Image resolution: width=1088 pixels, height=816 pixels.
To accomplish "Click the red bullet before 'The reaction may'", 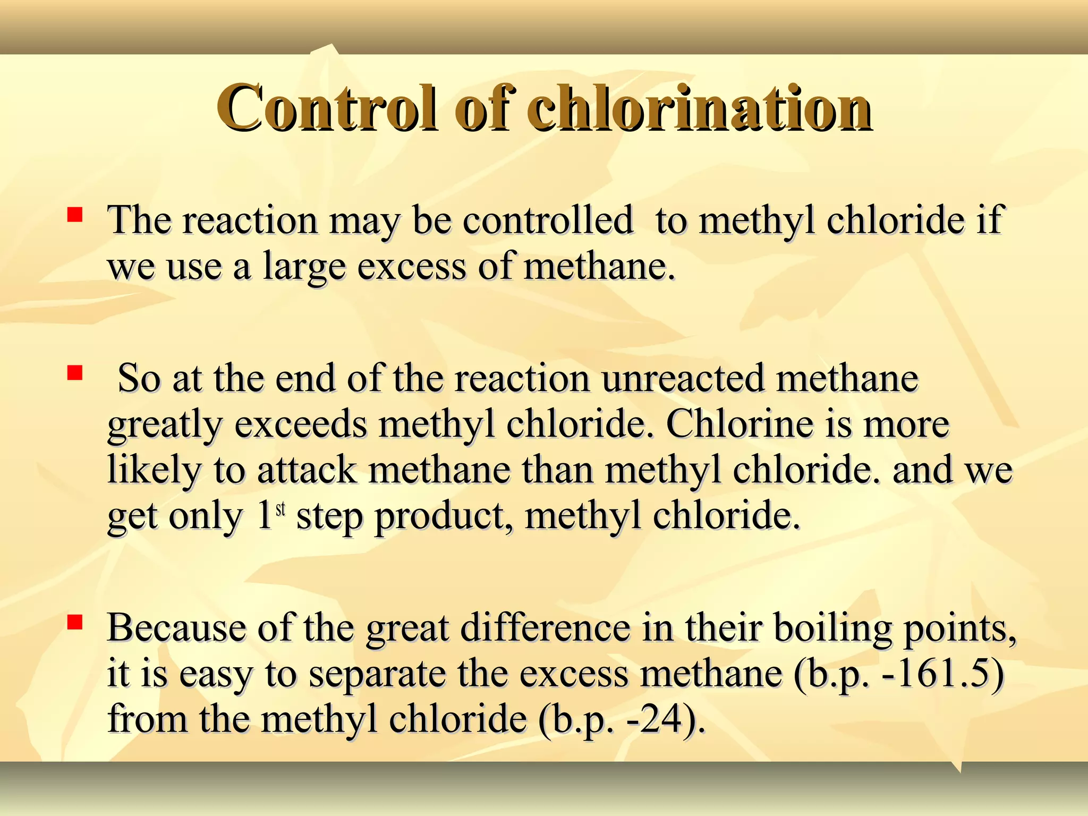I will coord(74,215).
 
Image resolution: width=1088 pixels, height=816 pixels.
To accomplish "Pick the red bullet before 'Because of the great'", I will coord(74,622).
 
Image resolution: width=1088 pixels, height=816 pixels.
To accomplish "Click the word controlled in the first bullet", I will coord(548,219).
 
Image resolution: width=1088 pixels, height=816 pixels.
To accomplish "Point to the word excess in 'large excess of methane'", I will coord(412,266).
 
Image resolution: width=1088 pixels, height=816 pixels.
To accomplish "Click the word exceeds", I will coord(301,424).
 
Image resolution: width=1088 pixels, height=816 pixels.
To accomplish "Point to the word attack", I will coord(307,470).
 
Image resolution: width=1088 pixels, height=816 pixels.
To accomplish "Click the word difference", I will coord(545,628).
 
